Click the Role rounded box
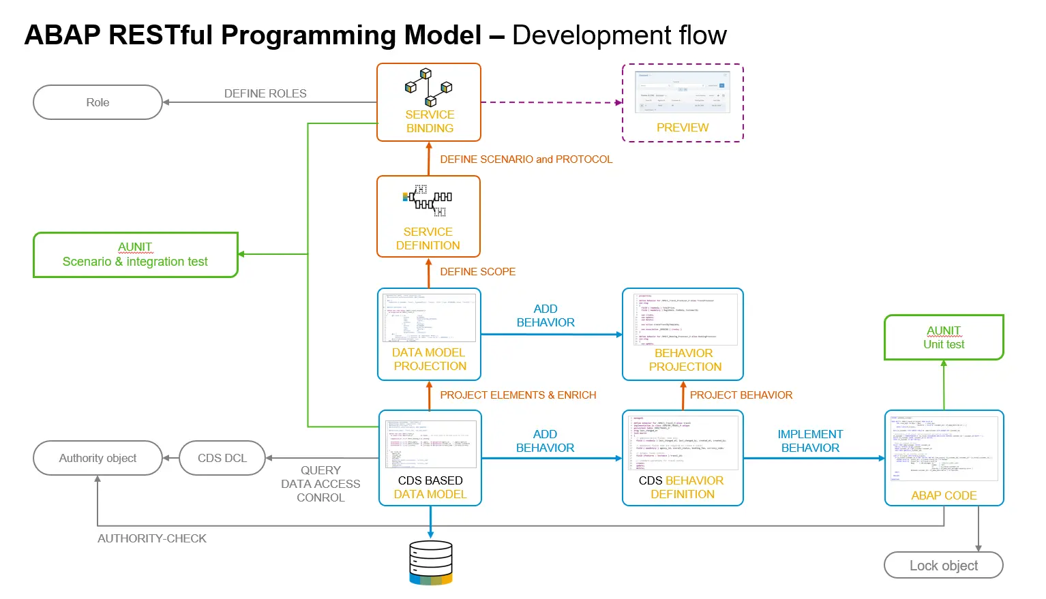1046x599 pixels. pyautogui.click(x=98, y=102)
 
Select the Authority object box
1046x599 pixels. pyautogui.click(x=98, y=458)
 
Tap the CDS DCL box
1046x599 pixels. pyautogui.click(x=222, y=458)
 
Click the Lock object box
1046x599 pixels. pyautogui.click(x=943, y=566)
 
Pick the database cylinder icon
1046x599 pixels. pyautogui.click(x=431, y=562)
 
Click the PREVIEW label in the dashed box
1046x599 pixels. pyautogui.click(x=683, y=127)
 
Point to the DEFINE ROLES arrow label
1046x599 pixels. pyautogui.click(x=265, y=93)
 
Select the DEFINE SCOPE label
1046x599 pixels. pyautogui.click(x=477, y=271)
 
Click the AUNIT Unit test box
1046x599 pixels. pyautogui.click(x=944, y=337)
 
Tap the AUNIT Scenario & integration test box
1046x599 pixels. pyautogui.click(x=135, y=255)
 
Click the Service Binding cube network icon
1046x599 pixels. pyautogui.click(x=429, y=87)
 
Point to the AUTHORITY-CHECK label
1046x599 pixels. pyautogui.click(x=152, y=538)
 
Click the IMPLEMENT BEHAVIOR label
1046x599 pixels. pyautogui.click(x=810, y=441)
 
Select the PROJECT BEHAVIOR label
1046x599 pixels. pyautogui.click(x=741, y=395)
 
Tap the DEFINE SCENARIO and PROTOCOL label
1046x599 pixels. pyautogui.click(x=526, y=159)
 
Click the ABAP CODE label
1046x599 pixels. pyautogui.click(x=944, y=495)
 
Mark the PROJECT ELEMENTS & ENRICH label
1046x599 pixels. pyautogui.click(x=518, y=395)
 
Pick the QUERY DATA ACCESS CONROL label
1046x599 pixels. pyautogui.click(x=320, y=484)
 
